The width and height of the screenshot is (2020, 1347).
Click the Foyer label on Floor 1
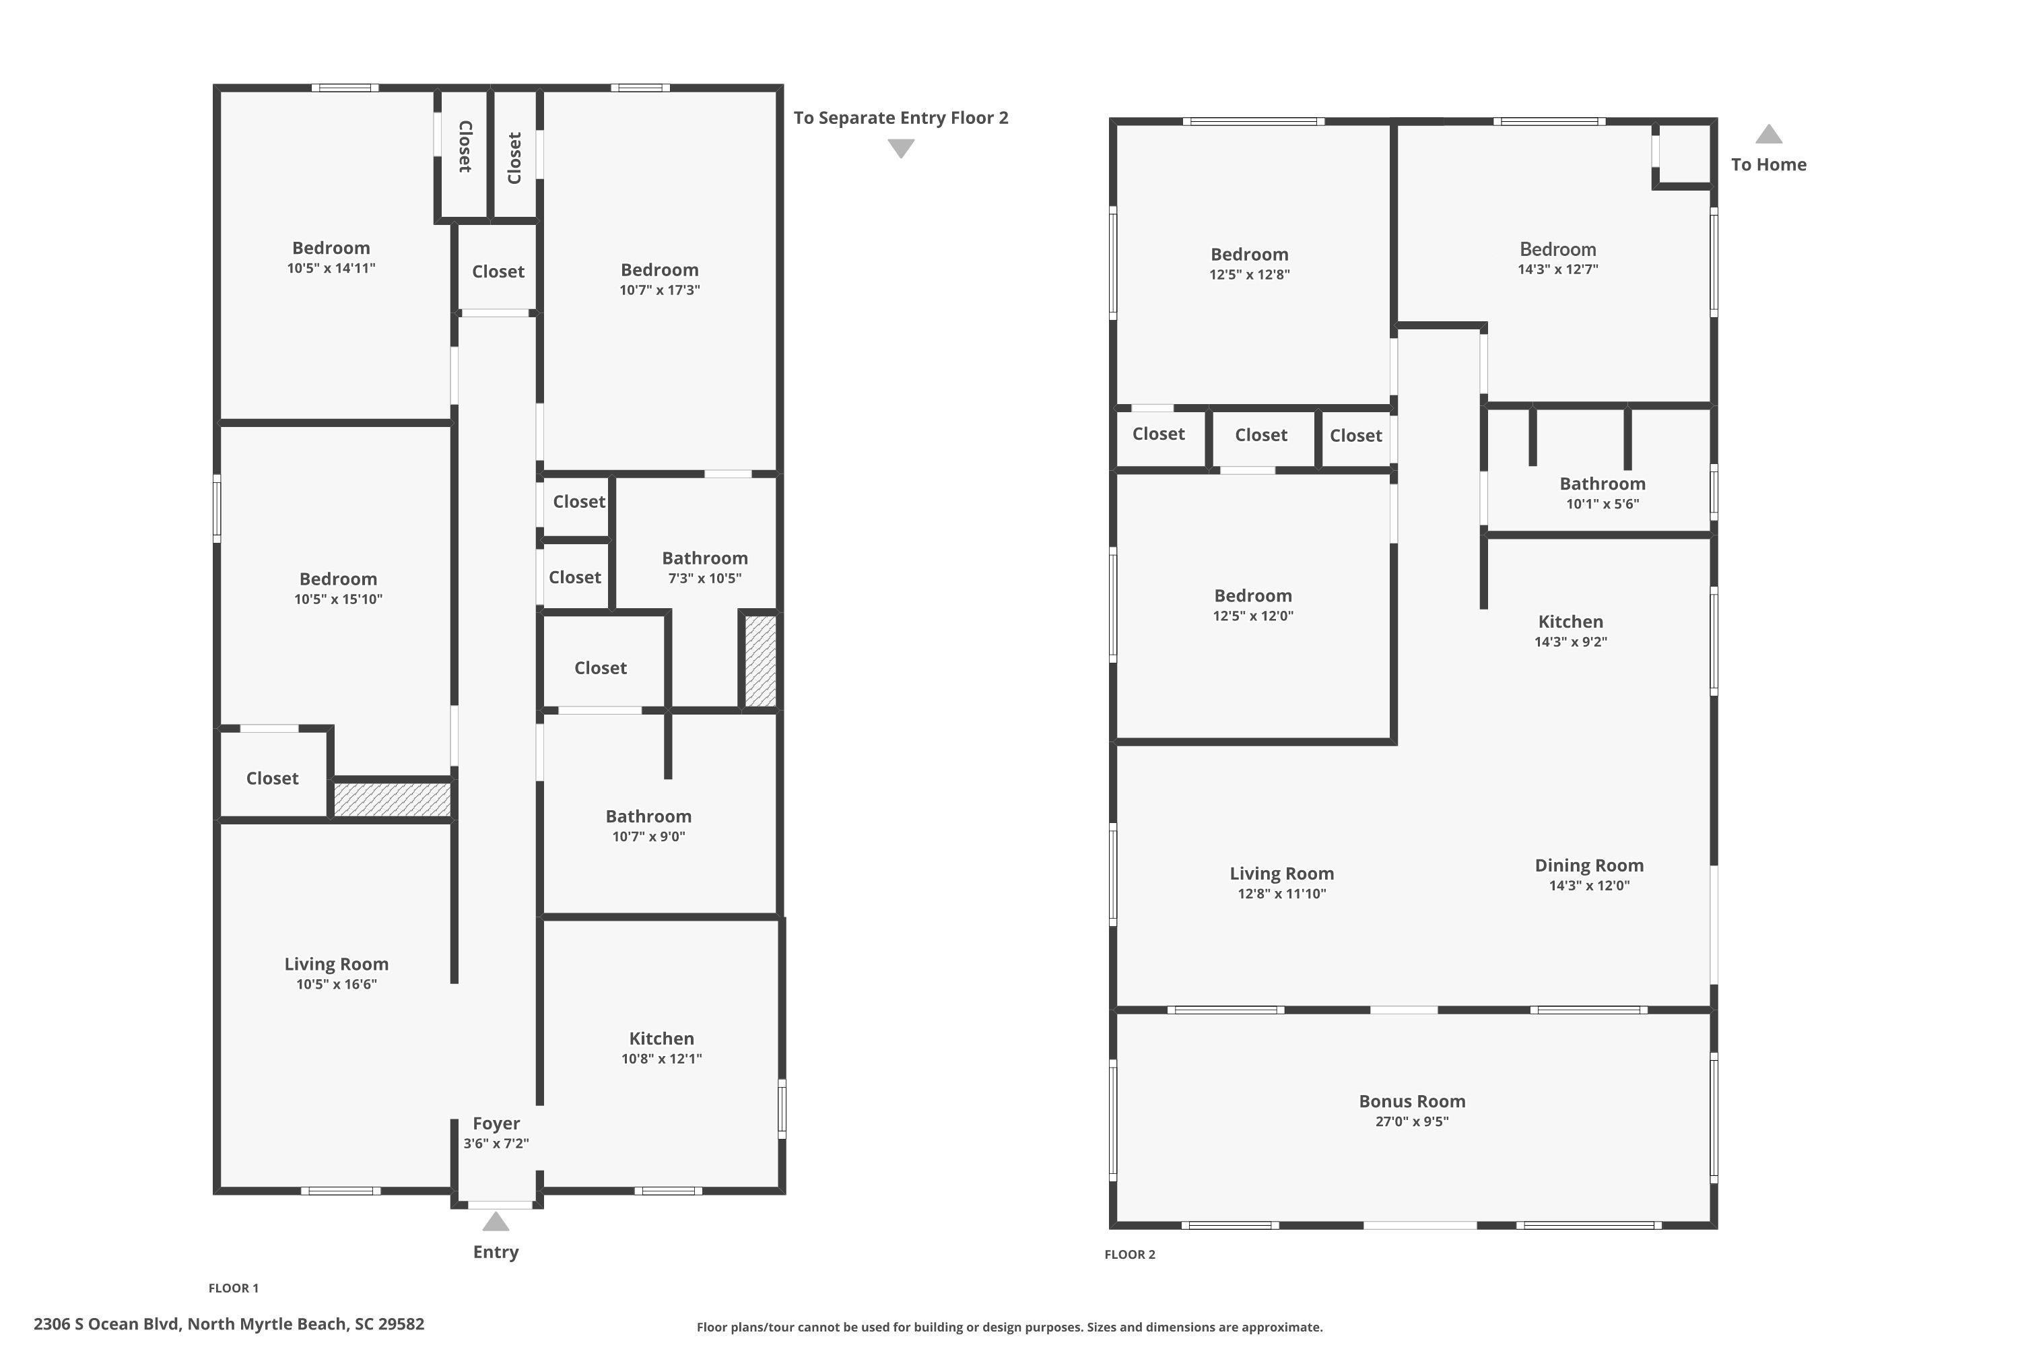496,1123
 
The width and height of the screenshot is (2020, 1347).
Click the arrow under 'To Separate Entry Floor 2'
900,149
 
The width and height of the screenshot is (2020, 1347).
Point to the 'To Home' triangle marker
1767,135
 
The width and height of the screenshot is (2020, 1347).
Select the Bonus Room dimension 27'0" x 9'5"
1411,1121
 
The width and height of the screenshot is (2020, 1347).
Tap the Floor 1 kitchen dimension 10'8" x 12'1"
661,1058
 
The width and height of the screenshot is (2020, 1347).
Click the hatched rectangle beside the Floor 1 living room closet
392,799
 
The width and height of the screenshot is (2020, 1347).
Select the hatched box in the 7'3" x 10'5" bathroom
760,661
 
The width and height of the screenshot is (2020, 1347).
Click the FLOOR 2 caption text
1129,1254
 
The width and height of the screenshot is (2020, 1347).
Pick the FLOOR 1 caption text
233,1288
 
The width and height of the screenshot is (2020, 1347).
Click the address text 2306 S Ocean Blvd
228,1324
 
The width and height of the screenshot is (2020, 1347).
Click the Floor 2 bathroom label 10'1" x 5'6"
1602,484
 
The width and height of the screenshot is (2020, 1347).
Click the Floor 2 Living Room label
1281,874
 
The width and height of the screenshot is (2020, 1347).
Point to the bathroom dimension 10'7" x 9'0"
648,836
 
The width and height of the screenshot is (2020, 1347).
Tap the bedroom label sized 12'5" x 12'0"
1252,595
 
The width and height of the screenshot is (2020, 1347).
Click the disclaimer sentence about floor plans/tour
1009,1327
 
